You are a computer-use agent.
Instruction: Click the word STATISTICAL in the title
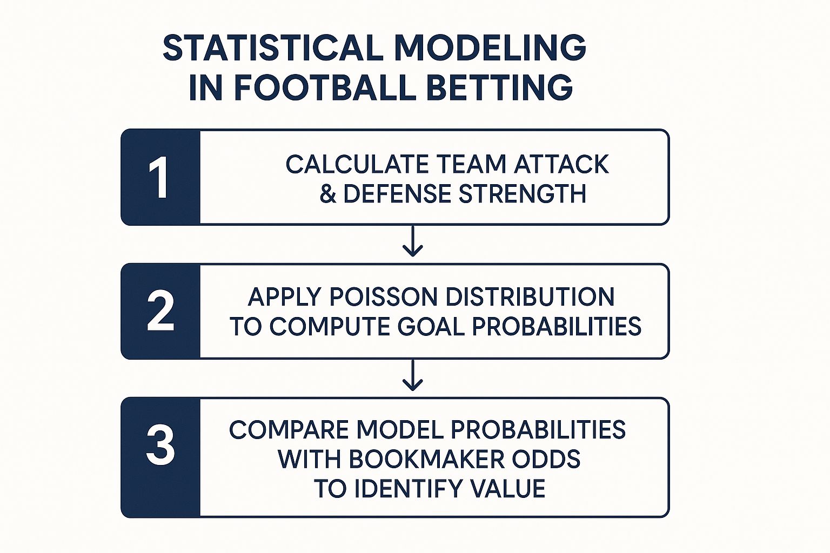[x=273, y=48]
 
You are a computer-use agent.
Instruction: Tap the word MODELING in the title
[x=490, y=48]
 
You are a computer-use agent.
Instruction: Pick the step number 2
[x=160, y=311]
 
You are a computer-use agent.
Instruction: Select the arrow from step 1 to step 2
[x=412, y=241]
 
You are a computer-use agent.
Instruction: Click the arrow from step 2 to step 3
[x=412, y=375]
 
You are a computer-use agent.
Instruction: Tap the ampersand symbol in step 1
[x=328, y=194]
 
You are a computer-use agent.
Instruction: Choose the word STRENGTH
[x=523, y=194]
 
